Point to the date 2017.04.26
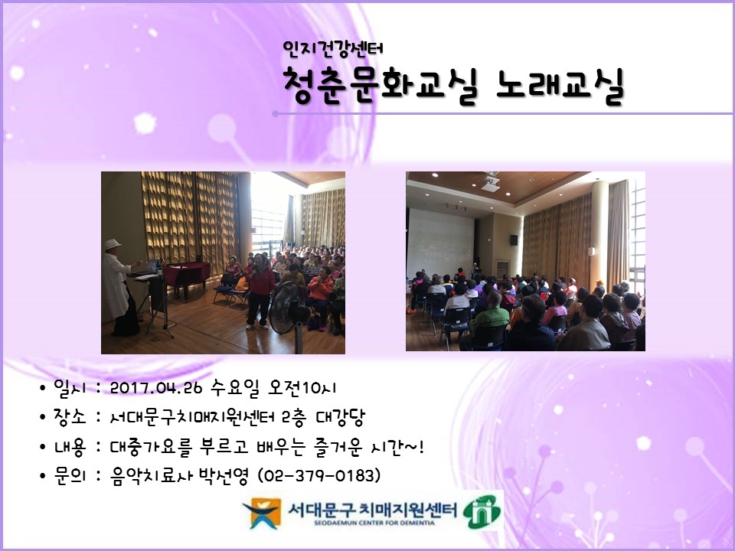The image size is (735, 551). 155,388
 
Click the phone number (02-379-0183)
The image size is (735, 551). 319,476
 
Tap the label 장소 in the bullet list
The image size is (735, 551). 67,417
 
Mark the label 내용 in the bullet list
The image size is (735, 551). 67,447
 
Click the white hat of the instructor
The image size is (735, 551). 113,244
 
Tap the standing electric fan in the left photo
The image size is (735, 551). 283,306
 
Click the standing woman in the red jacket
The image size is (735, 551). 261,291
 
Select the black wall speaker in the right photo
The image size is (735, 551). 514,240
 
